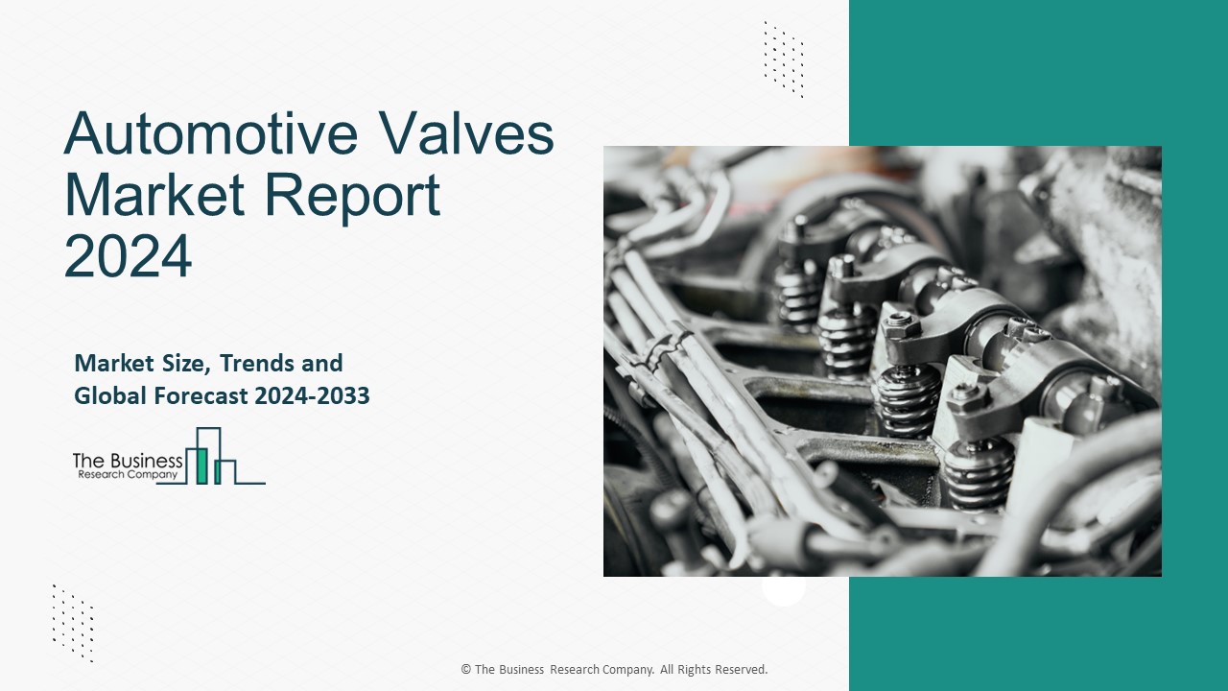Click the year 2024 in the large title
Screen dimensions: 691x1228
coord(128,254)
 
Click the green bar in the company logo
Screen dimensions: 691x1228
coord(201,465)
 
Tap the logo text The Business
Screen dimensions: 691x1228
coord(128,462)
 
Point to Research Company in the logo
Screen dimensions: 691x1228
coord(126,475)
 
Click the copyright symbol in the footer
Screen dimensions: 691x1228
coord(465,670)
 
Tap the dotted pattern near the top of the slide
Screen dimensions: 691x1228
coord(783,59)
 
